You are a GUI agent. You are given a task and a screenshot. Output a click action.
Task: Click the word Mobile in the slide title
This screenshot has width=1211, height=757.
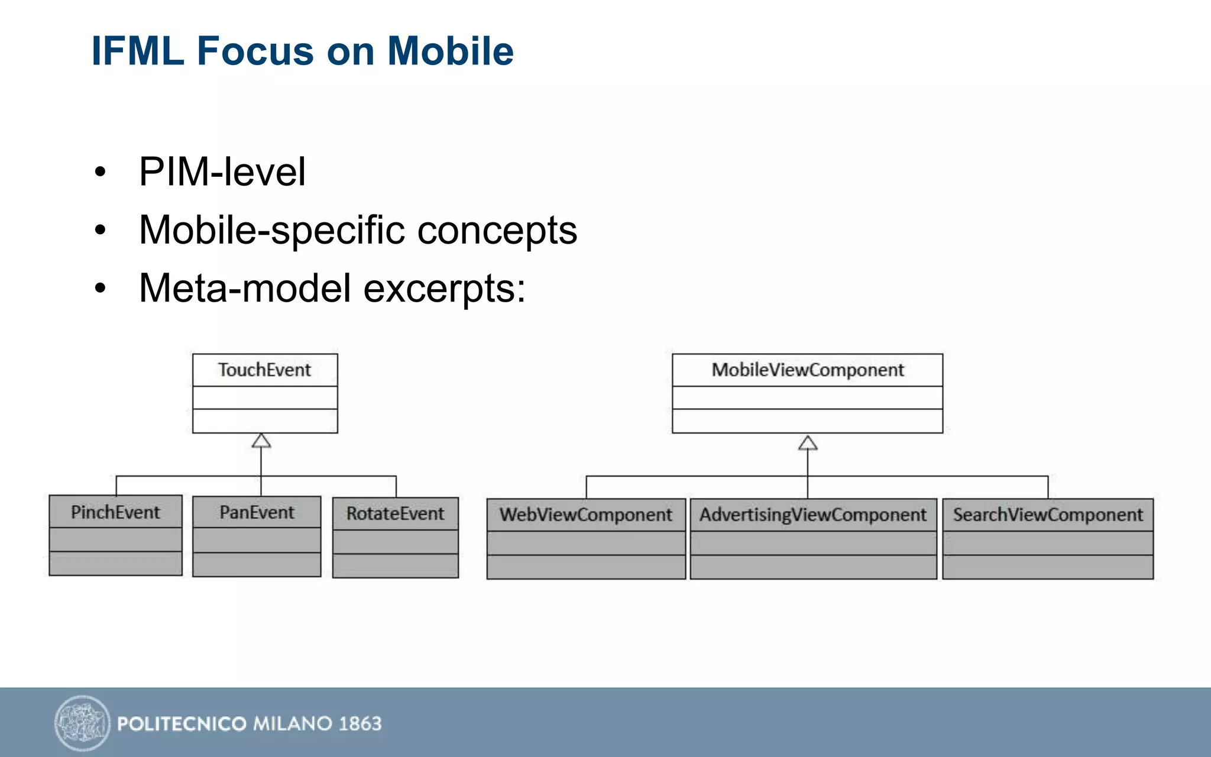click(450, 51)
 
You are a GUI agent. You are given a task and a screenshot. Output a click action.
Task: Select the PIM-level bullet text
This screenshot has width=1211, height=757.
click(222, 172)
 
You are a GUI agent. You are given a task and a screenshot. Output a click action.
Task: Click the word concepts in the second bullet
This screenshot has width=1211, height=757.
click(497, 230)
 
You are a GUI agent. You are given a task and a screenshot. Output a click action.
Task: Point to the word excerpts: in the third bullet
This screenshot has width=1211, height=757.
click(444, 289)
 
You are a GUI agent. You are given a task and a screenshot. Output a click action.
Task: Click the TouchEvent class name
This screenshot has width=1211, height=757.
click(264, 370)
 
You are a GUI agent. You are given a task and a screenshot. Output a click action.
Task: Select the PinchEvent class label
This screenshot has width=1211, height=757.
click(115, 512)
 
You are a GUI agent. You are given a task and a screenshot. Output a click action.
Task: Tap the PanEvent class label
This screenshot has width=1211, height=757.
click(257, 512)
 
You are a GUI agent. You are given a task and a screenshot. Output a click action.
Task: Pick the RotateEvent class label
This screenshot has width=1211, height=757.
click(395, 513)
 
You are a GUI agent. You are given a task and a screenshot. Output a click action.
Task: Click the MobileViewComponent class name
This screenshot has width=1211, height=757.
click(808, 370)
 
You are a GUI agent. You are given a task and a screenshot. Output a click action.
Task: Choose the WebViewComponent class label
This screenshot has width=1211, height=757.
click(586, 515)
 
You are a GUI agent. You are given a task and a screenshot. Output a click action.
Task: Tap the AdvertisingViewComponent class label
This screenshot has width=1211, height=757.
click(813, 515)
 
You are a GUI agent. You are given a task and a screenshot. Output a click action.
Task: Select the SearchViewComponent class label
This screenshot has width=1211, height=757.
click(1048, 515)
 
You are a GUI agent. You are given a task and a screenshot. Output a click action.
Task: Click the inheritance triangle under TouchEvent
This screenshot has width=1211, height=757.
click(261, 441)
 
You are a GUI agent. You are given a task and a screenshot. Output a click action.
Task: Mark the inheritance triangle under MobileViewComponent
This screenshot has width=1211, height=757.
click(808, 444)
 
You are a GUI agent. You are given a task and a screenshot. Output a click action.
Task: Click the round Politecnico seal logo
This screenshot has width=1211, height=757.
click(83, 723)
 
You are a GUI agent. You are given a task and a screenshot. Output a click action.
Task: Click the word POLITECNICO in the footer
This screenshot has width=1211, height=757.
click(182, 723)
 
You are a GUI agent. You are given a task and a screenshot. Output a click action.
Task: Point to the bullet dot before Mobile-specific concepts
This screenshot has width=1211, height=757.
click(101, 230)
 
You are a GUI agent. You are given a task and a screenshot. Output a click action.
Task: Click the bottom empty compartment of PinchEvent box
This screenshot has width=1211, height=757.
click(115, 564)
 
